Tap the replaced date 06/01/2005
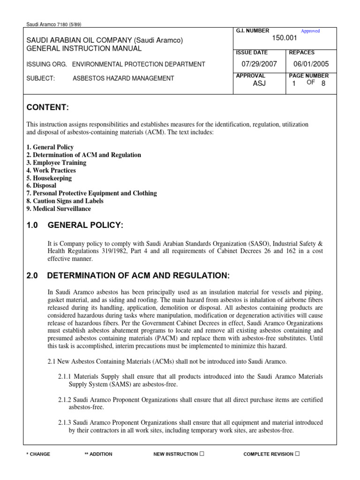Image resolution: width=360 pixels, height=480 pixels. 311,64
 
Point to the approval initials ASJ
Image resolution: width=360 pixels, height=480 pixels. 259,83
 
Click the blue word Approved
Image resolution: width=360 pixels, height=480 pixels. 310,31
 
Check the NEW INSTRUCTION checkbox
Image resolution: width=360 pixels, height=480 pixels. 201,454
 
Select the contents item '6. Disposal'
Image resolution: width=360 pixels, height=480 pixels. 41,186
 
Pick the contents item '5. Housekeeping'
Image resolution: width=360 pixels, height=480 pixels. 49,178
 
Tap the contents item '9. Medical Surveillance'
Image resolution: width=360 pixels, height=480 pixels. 59,209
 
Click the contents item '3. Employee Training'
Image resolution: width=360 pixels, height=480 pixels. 56,163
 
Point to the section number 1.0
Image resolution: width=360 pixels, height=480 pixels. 32,226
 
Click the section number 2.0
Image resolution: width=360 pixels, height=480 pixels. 32,275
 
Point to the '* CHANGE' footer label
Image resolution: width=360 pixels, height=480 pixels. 38,454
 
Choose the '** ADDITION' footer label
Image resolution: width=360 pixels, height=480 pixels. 98,454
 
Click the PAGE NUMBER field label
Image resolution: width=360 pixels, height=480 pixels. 309,75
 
